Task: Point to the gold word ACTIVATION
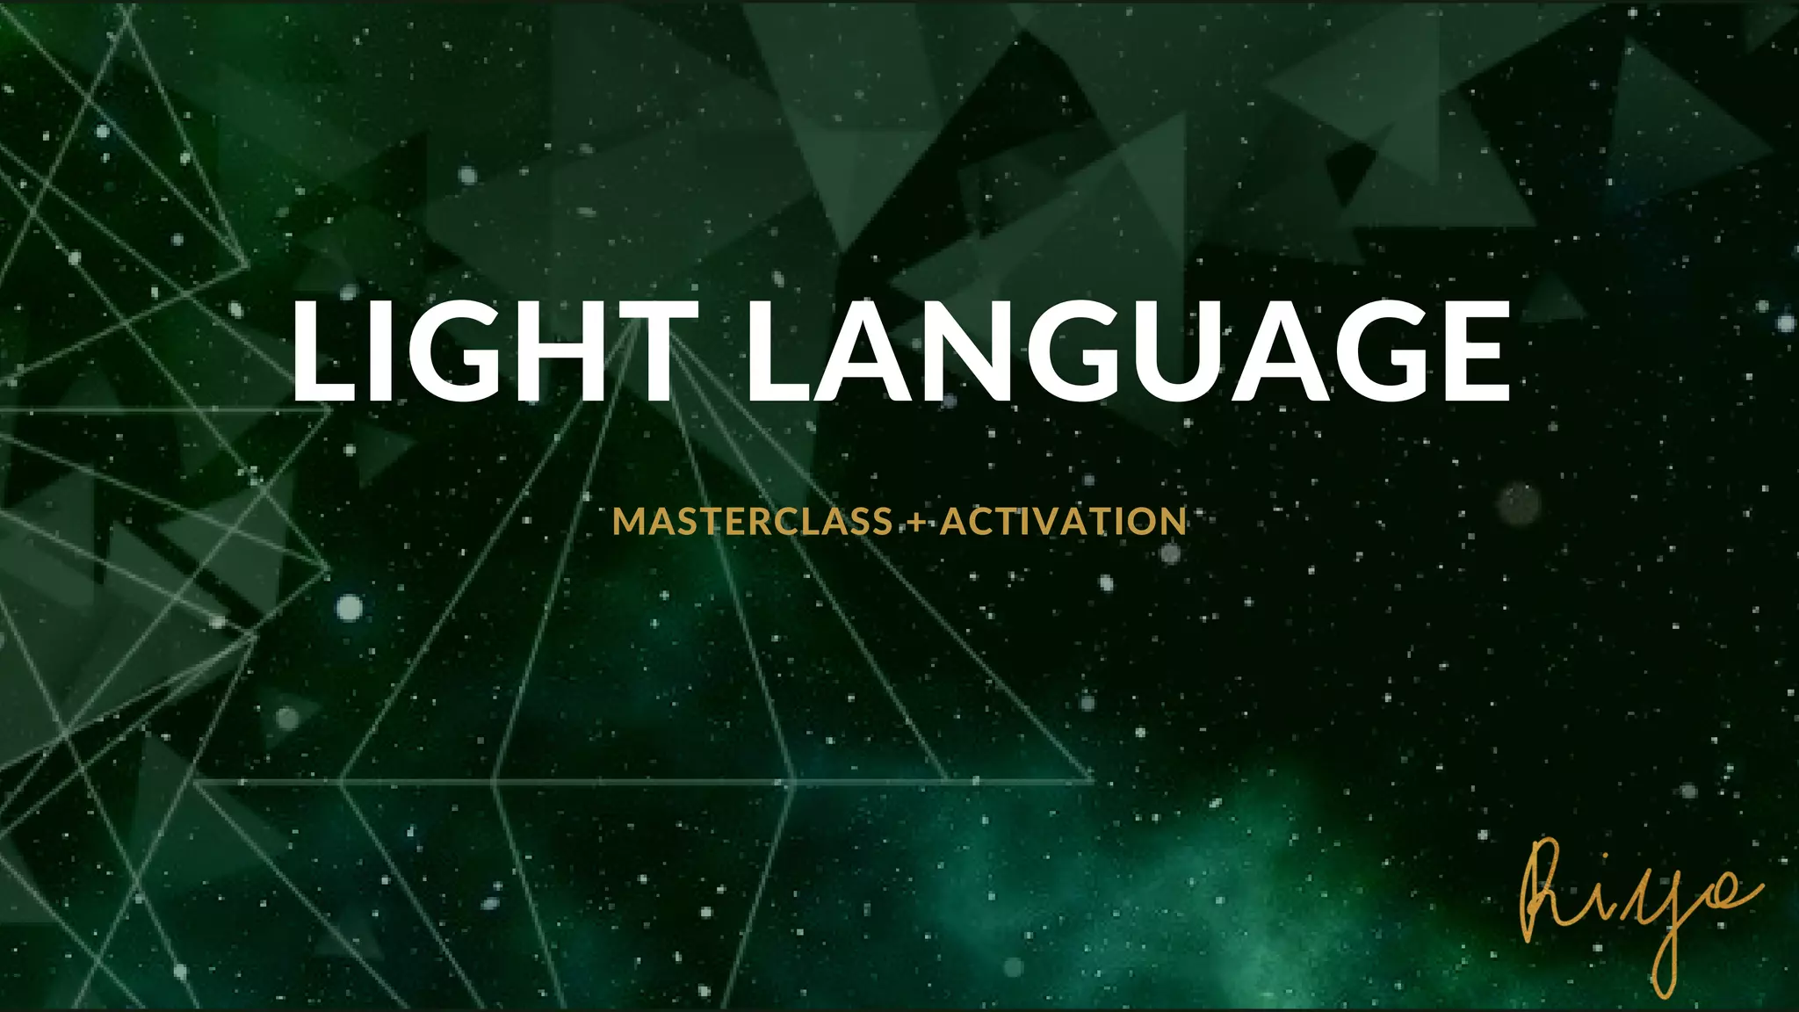click(x=1064, y=522)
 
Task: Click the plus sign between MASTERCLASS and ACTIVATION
click(x=916, y=524)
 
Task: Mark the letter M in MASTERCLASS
click(x=630, y=522)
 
